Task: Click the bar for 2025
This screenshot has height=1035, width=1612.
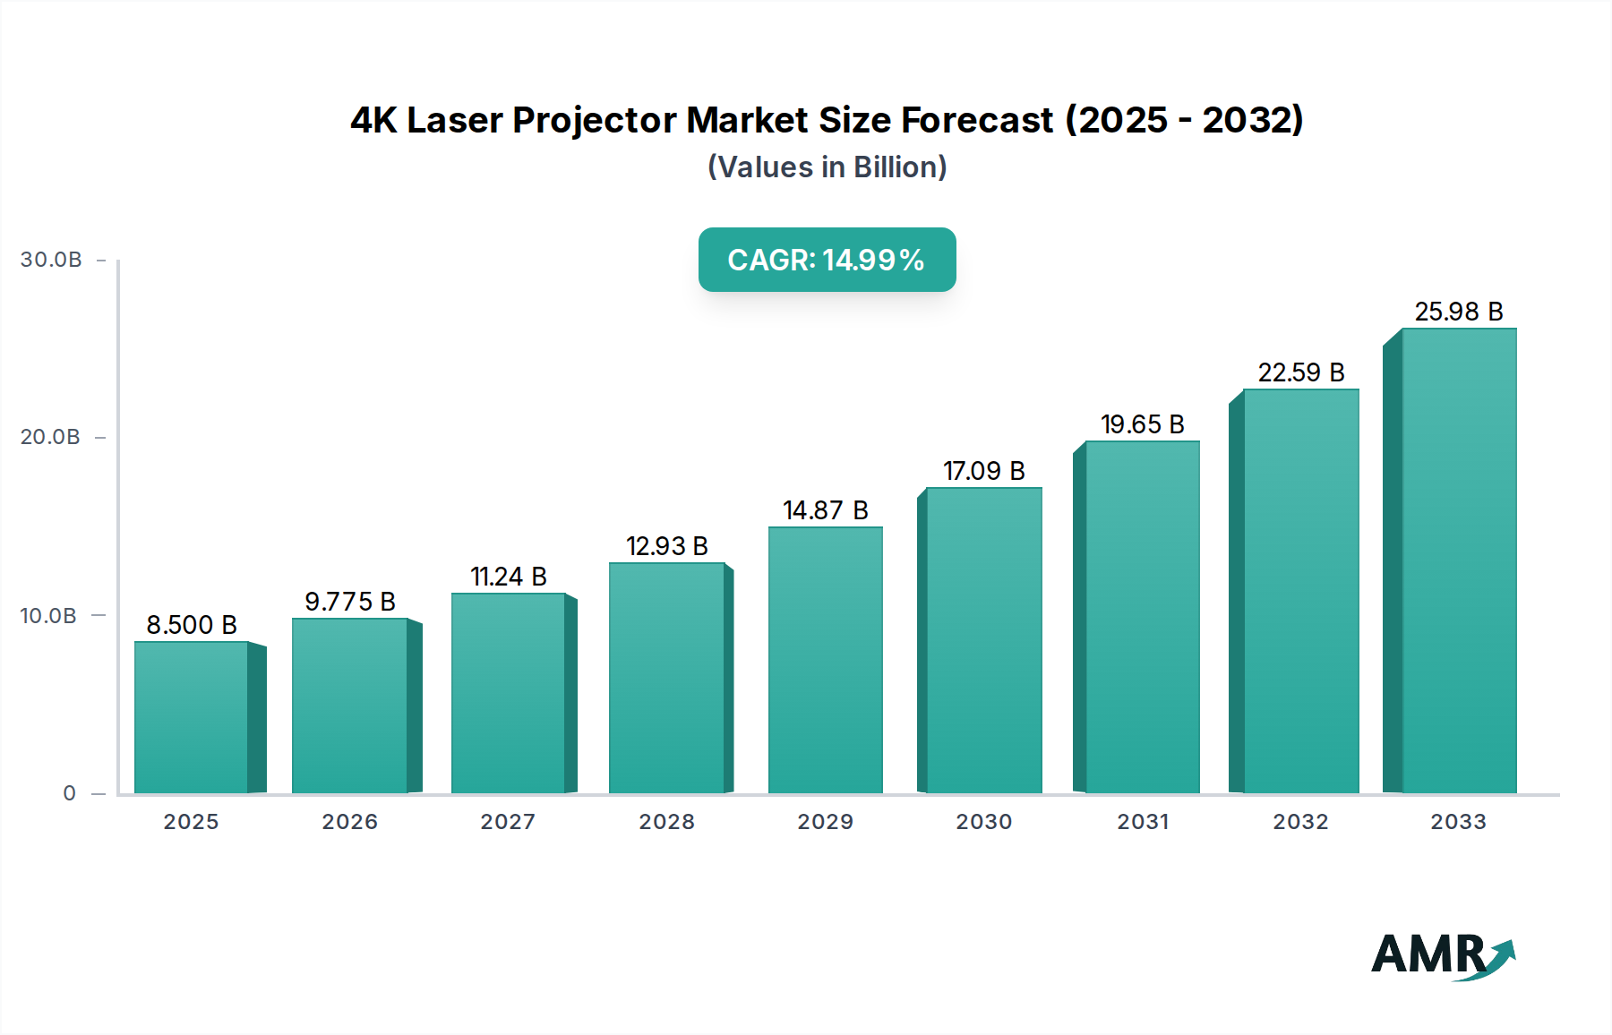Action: [192, 716]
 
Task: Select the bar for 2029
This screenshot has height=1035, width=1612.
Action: [825, 660]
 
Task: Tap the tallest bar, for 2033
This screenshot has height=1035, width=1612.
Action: [1458, 560]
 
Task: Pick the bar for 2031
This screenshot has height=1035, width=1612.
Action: [1142, 617]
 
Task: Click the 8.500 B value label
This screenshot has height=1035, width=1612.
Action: [192, 625]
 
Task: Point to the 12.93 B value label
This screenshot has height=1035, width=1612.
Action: [666, 546]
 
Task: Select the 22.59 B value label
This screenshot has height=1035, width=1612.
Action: [1300, 372]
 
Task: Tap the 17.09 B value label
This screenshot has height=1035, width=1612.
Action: [983, 471]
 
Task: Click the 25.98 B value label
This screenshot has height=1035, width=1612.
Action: [1458, 312]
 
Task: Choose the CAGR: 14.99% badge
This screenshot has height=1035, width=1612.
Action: [827, 260]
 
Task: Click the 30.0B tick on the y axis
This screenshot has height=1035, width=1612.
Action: [51, 260]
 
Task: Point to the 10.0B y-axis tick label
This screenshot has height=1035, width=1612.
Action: [48, 616]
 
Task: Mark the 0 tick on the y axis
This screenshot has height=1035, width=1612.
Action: [70, 793]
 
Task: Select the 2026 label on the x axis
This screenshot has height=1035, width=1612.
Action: [349, 822]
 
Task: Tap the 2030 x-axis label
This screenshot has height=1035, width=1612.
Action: [983, 822]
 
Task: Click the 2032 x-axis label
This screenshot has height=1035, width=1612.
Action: [1300, 822]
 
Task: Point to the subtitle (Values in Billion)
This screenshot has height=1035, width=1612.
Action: [827, 167]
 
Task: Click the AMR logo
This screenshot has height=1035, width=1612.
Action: [1442, 955]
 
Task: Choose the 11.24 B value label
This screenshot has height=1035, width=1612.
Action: [508, 577]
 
